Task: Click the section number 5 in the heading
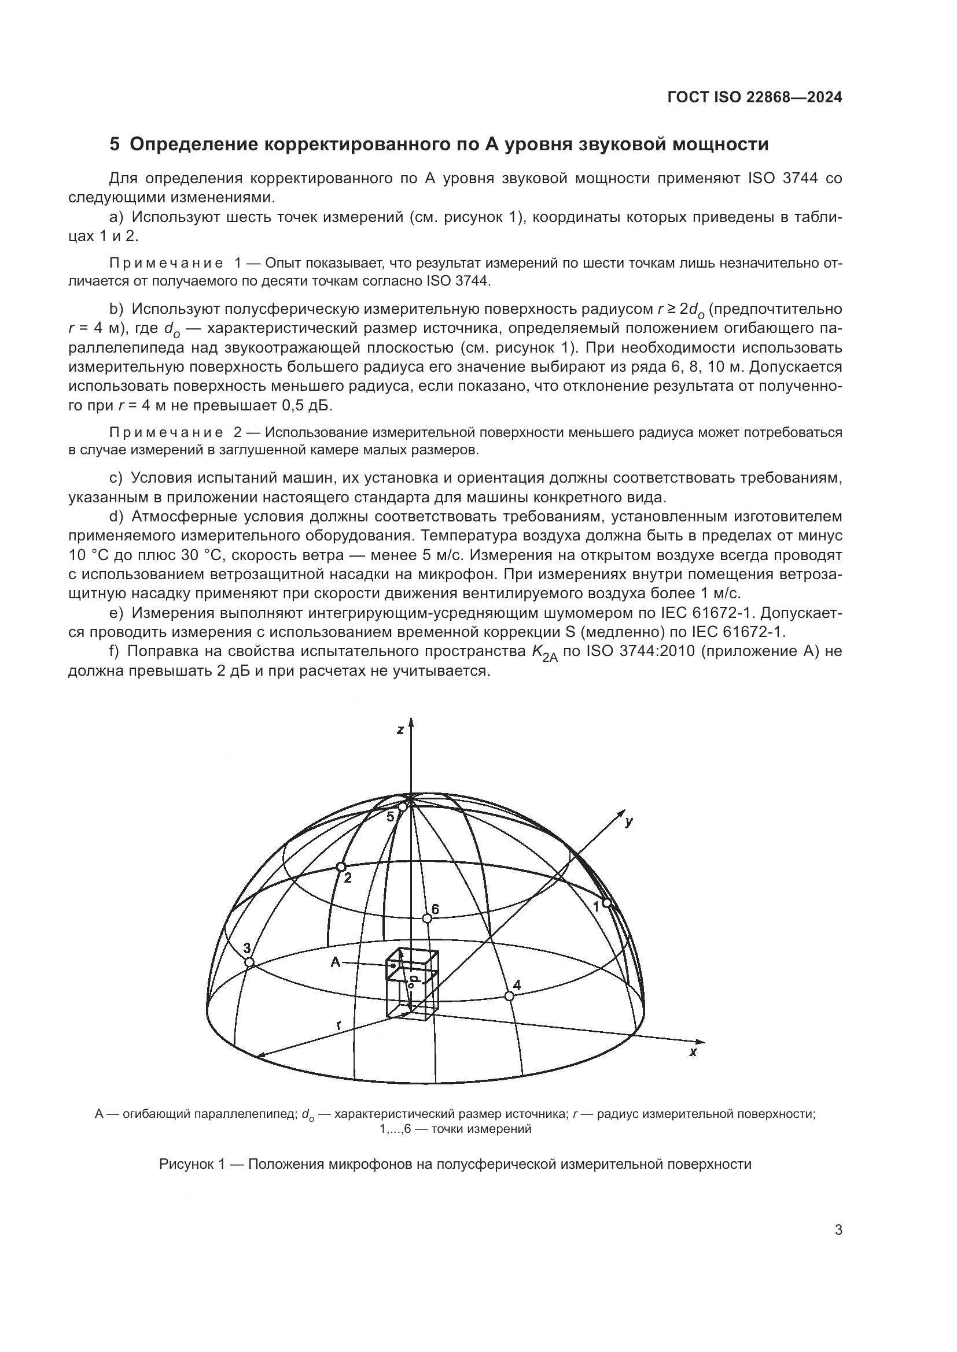tap(115, 145)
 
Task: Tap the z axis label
tap(400, 730)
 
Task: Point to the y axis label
tap(629, 822)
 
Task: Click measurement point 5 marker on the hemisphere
tap(403, 807)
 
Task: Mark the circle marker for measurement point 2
tap(340, 867)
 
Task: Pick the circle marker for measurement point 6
tap(428, 918)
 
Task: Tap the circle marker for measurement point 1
tap(606, 903)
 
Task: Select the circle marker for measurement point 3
tap(249, 962)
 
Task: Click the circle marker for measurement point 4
tap(509, 995)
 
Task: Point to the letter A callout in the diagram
tap(336, 962)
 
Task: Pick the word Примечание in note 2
tap(167, 432)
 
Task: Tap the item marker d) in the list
tap(116, 516)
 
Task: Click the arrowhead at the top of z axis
tap(411, 721)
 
